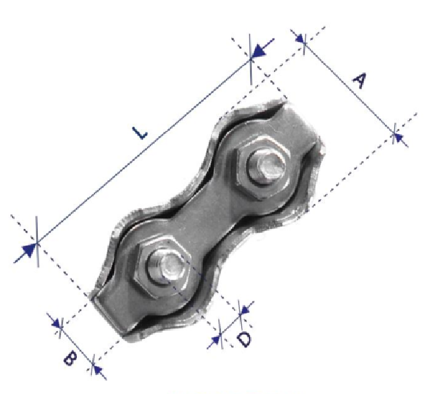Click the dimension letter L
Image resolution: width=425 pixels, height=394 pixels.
(140, 133)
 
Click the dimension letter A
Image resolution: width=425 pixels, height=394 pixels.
(360, 80)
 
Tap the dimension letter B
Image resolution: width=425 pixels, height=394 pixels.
(70, 358)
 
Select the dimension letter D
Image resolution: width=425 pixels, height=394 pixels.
(244, 340)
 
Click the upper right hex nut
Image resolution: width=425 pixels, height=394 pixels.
(263, 167)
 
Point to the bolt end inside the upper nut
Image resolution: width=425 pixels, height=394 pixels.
(267, 167)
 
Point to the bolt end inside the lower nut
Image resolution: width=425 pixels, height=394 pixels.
(166, 267)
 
